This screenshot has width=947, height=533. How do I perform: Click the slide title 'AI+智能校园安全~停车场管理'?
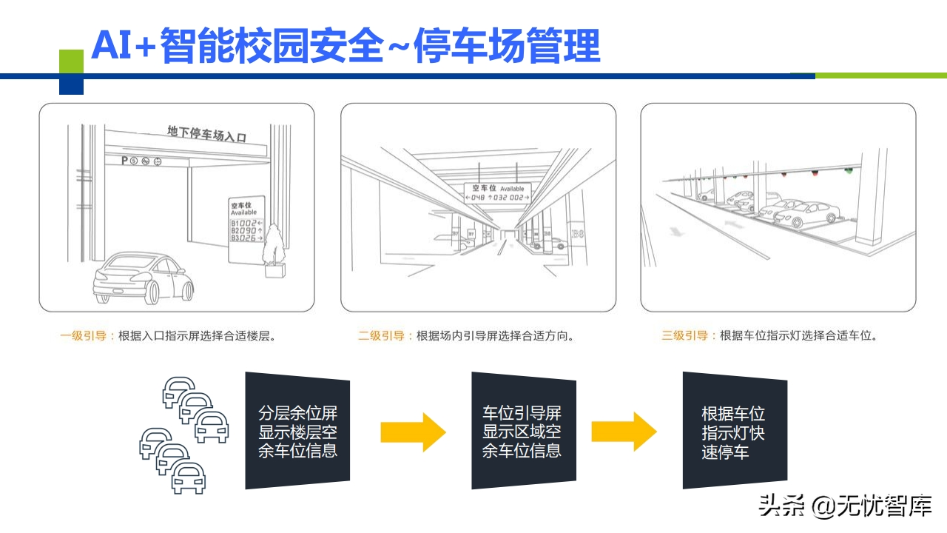[x=345, y=46]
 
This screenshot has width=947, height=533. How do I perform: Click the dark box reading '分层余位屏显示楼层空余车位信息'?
[x=297, y=431]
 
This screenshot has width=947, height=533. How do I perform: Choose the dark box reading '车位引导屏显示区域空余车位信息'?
[x=522, y=431]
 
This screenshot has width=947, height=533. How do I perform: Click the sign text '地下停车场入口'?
[x=206, y=133]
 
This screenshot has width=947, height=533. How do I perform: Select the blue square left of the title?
[x=71, y=85]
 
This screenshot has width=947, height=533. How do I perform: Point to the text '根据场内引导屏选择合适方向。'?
[x=496, y=335]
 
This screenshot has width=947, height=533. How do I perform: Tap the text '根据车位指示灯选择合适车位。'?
[x=799, y=335]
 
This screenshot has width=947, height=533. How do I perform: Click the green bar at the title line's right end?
[x=880, y=76]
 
